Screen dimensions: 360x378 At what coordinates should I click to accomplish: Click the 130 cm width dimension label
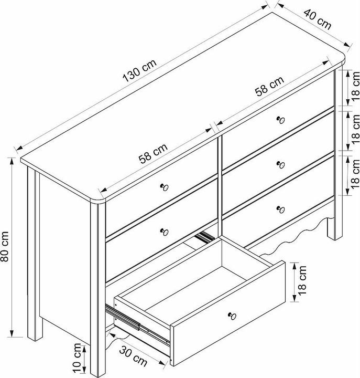[x=139, y=70]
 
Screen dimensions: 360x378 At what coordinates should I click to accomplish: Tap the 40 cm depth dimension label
[x=317, y=19]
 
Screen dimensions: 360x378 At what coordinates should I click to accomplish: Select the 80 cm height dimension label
[x=5, y=246]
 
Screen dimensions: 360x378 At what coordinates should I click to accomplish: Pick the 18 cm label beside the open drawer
[x=302, y=280]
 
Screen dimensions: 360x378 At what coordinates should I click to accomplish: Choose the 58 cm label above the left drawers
[x=153, y=153]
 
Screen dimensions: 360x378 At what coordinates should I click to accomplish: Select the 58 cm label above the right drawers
[x=269, y=86]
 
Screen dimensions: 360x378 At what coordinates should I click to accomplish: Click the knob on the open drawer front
[x=232, y=316]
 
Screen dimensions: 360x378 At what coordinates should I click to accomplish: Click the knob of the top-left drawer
[x=165, y=187]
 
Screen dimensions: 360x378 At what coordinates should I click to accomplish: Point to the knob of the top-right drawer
[x=280, y=120]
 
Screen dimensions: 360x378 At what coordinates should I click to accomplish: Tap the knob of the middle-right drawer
[x=280, y=165]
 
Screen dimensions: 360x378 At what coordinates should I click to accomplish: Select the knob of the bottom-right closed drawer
[x=280, y=209]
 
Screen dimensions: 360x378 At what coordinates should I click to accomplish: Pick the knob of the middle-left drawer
[x=165, y=232]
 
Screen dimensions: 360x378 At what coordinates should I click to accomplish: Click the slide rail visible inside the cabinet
[x=204, y=237]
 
